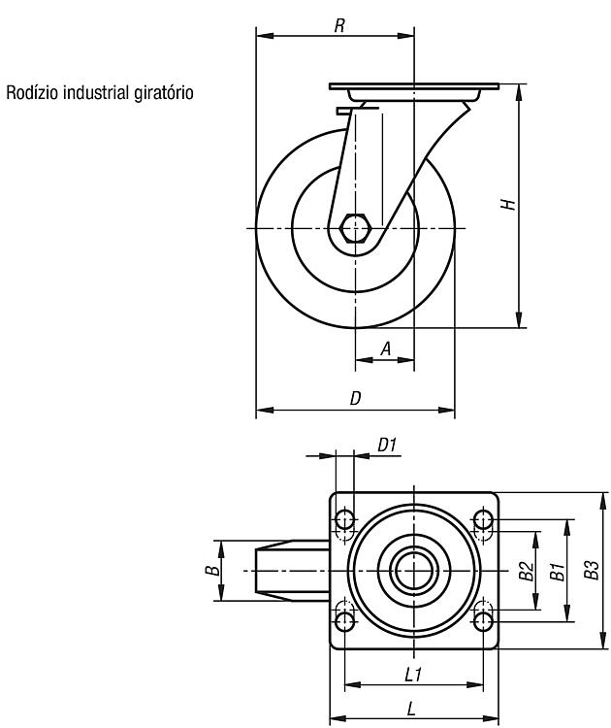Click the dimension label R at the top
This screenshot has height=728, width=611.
[x=340, y=26]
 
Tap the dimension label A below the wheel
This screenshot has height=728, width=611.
[x=386, y=348]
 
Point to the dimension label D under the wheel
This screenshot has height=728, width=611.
[x=355, y=398]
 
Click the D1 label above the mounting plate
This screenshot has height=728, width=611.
[x=387, y=446]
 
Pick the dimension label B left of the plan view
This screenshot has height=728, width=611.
[x=213, y=570]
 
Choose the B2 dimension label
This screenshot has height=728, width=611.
[x=527, y=571]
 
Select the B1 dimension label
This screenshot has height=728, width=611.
[x=558, y=571]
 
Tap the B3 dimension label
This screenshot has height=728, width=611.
[x=592, y=570]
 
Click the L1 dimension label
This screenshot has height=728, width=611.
[x=412, y=675]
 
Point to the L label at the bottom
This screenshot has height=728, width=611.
[x=411, y=709]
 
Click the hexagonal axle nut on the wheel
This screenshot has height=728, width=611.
[x=355, y=228]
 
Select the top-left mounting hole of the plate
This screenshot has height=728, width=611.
[x=344, y=519]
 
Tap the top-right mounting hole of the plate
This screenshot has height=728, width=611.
[x=483, y=519]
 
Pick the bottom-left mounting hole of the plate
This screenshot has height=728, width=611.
[x=344, y=621]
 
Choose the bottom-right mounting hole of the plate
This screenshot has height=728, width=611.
[x=483, y=621]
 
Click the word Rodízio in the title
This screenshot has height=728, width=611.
[x=32, y=92]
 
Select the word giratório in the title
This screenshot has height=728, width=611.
[x=163, y=94]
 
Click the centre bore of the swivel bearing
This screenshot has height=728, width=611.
[x=414, y=571]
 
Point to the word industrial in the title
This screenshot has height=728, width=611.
[x=96, y=92]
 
